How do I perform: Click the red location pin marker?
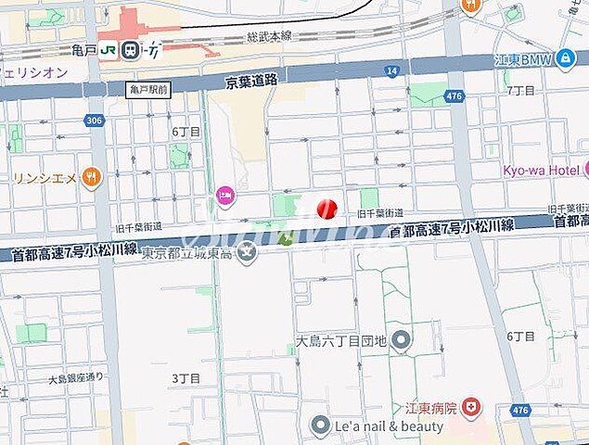326,209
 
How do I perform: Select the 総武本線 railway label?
269,35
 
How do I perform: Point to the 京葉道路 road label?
251,82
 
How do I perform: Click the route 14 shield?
393,70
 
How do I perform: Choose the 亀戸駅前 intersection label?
149,89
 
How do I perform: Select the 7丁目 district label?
521,90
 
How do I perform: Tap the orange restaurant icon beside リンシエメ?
90,175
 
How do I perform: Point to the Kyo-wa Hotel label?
540,170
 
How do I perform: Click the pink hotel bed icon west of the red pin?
224,195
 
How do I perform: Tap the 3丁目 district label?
186,378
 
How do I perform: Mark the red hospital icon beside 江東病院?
472,406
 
